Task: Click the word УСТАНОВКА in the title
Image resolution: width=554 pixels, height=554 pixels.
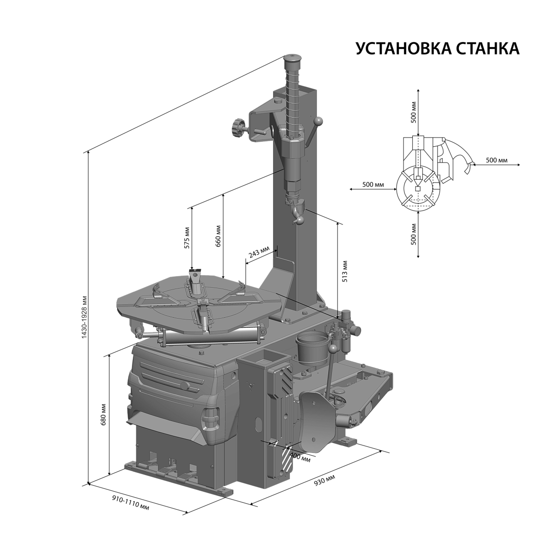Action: click(400, 48)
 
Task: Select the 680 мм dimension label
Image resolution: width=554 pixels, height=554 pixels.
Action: click(104, 415)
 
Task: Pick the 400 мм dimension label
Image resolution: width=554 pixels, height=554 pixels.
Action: click(301, 457)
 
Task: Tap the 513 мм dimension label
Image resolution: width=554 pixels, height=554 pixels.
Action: click(345, 271)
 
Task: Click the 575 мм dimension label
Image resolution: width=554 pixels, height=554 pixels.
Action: click(187, 238)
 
